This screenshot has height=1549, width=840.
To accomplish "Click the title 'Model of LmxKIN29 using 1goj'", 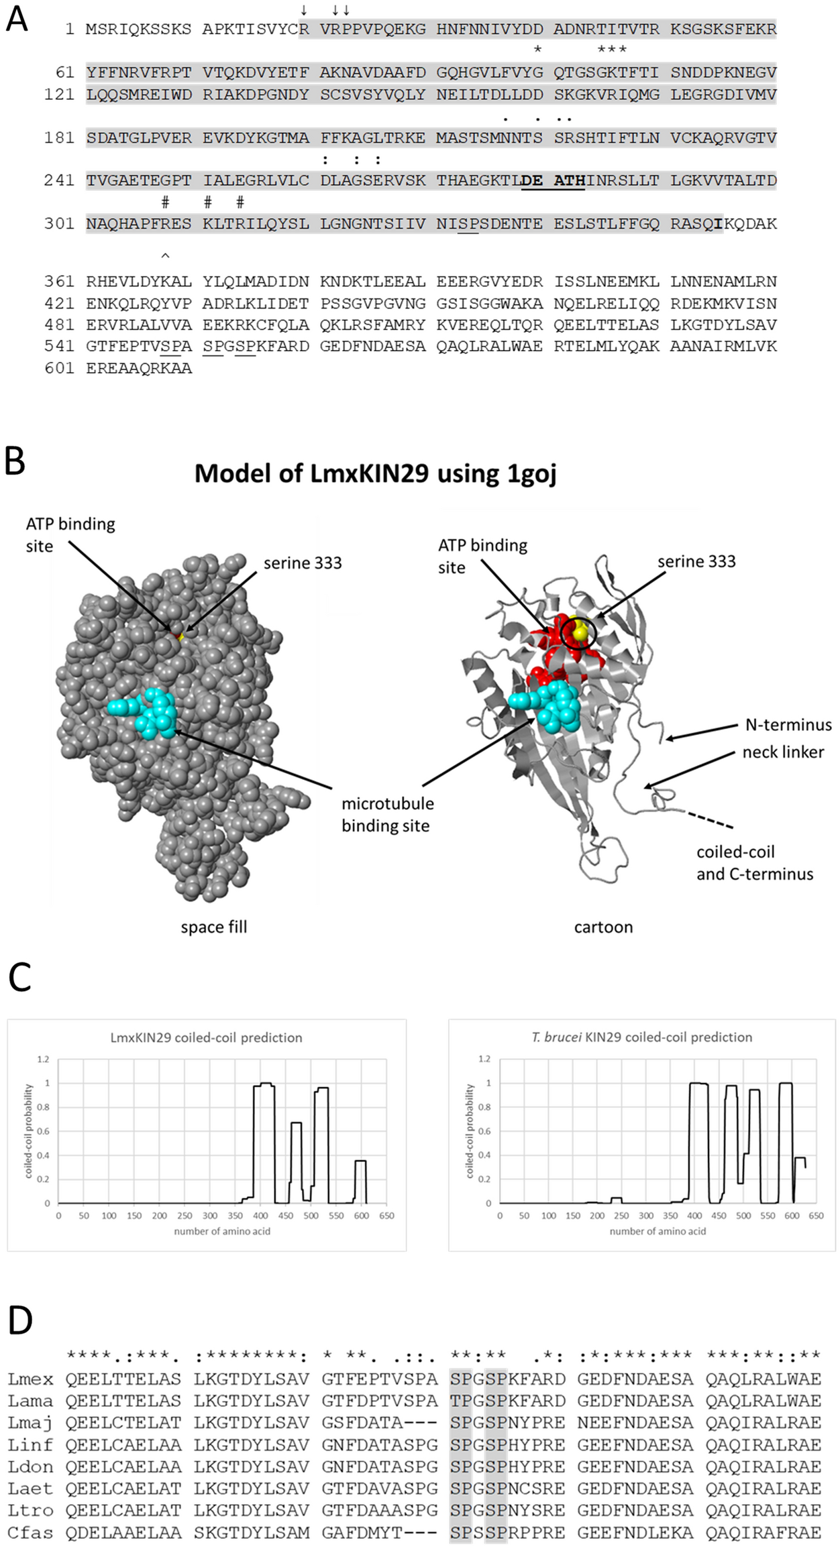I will pos(375,473).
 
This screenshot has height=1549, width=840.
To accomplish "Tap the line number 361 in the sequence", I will pos(59,282).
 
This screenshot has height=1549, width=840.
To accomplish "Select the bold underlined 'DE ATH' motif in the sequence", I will pos(553,181).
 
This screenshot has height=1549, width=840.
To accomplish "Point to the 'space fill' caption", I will pos(214,927).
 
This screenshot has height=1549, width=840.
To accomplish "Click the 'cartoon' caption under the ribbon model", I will pos(603,927).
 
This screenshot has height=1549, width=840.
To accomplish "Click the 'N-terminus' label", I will pos(788,725).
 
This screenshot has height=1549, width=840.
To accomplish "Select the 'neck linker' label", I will pos(783,752).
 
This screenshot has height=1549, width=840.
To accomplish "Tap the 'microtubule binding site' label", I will pos(387,814).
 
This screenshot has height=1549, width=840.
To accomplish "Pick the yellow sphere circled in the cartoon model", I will pos(580,632).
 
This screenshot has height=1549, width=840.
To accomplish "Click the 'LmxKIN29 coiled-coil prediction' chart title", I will pos(206,1037).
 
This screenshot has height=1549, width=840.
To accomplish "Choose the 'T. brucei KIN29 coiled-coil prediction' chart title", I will pos(641,1037).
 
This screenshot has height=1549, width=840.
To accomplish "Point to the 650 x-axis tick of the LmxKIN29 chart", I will pos(386,1215).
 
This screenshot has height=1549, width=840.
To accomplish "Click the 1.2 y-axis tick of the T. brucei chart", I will pos(484,1059).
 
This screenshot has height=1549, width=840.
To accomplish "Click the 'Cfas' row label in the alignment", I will pos(30,1533).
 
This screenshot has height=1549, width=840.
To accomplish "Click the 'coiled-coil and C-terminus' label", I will pos(754,863).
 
